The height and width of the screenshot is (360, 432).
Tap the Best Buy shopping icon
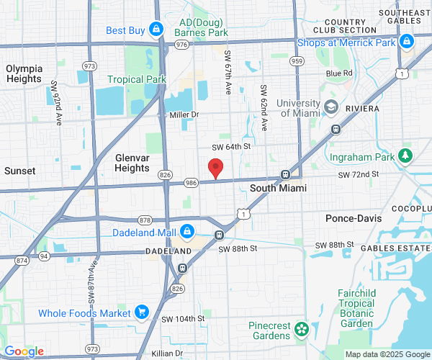pyautogui.click(x=156, y=30)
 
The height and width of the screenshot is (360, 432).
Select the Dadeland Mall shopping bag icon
pyautogui.click(x=187, y=232)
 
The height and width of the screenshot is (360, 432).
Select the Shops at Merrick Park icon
pyautogui.click(x=407, y=42)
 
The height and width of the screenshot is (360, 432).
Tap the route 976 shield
pyautogui.click(x=181, y=45)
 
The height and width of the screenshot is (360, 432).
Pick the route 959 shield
pyautogui.click(x=296, y=61)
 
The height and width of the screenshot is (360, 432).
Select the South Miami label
pyautogui.click(x=278, y=188)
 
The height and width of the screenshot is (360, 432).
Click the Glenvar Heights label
pyautogui.click(x=132, y=162)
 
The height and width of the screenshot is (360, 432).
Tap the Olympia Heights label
pyautogui.click(x=24, y=73)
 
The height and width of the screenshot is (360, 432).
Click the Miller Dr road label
pyautogui.click(x=184, y=114)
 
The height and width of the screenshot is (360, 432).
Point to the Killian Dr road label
pyautogui.click(x=167, y=354)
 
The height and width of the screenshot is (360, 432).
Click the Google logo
pyautogui.click(x=23, y=351)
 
